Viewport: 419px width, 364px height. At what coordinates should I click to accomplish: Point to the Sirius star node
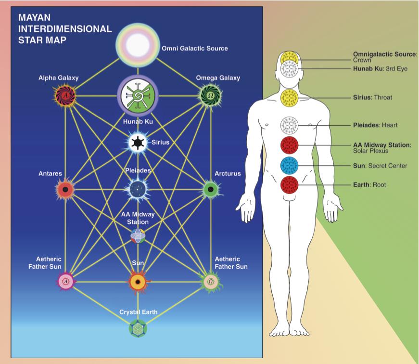coord(138,143)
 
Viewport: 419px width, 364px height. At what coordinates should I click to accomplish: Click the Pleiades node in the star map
coord(138,189)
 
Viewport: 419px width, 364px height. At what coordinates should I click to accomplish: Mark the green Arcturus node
coord(210,189)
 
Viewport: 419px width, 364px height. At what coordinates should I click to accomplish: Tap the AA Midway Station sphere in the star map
coord(138,235)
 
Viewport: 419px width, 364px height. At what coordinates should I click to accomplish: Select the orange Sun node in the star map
coord(138,281)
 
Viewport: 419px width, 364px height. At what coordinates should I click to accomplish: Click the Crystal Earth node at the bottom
coord(138,329)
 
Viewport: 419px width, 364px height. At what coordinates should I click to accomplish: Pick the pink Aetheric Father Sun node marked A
coord(65,281)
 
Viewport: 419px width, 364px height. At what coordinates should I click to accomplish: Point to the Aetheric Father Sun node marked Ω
coord(210,281)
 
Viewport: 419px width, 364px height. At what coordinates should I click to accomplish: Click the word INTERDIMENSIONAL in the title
coord(65,28)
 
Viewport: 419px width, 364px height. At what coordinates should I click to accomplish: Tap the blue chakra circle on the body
coord(290,166)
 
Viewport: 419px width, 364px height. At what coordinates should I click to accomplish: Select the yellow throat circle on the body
coord(290,98)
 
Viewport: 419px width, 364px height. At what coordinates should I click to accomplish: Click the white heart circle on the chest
coord(290,125)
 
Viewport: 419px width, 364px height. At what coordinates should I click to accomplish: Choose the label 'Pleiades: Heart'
coord(375,125)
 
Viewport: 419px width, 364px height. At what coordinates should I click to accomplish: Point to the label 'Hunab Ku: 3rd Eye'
coord(380,68)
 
